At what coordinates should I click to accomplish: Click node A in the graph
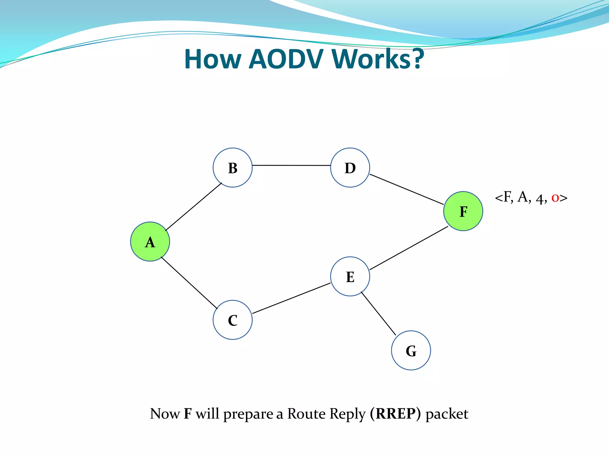(150, 242)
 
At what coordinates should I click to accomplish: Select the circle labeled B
(233, 168)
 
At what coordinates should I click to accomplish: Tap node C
(233, 320)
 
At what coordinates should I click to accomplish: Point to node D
(350, 168)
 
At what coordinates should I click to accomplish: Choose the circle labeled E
(350, 276)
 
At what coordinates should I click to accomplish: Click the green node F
(463, 211)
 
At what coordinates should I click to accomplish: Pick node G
(411, 350)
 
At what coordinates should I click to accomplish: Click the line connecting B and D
(291, 165)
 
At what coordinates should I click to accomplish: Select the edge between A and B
(194, 206)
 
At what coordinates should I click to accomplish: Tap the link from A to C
(189, 283)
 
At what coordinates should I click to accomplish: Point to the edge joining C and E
(291, 298)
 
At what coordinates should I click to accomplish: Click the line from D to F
(406, 189)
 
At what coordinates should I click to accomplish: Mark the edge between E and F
(409, 248)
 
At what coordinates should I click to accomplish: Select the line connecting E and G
(378, 313)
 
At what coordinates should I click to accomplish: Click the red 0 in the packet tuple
(555, 198)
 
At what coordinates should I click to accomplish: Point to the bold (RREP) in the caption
(395, 414)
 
